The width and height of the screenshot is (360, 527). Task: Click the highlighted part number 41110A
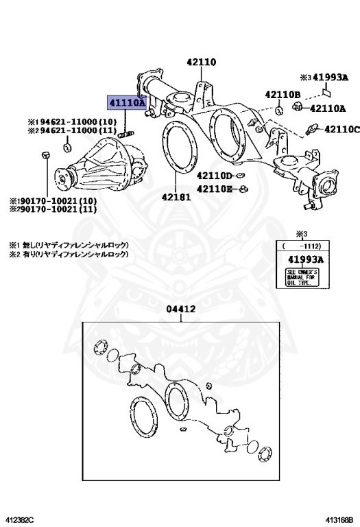[125, 102]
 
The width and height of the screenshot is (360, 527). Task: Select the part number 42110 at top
[200, 62]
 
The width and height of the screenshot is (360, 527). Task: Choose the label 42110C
[341, 128]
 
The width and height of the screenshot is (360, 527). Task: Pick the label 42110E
[216, 189]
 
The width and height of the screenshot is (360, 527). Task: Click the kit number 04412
[181, 309]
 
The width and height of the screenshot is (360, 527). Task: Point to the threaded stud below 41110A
[128, 133]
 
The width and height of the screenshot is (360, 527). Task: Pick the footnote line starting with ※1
[69, 244]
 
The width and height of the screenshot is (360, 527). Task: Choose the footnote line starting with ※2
[69, 254]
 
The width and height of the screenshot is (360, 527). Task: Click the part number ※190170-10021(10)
[53, 201]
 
